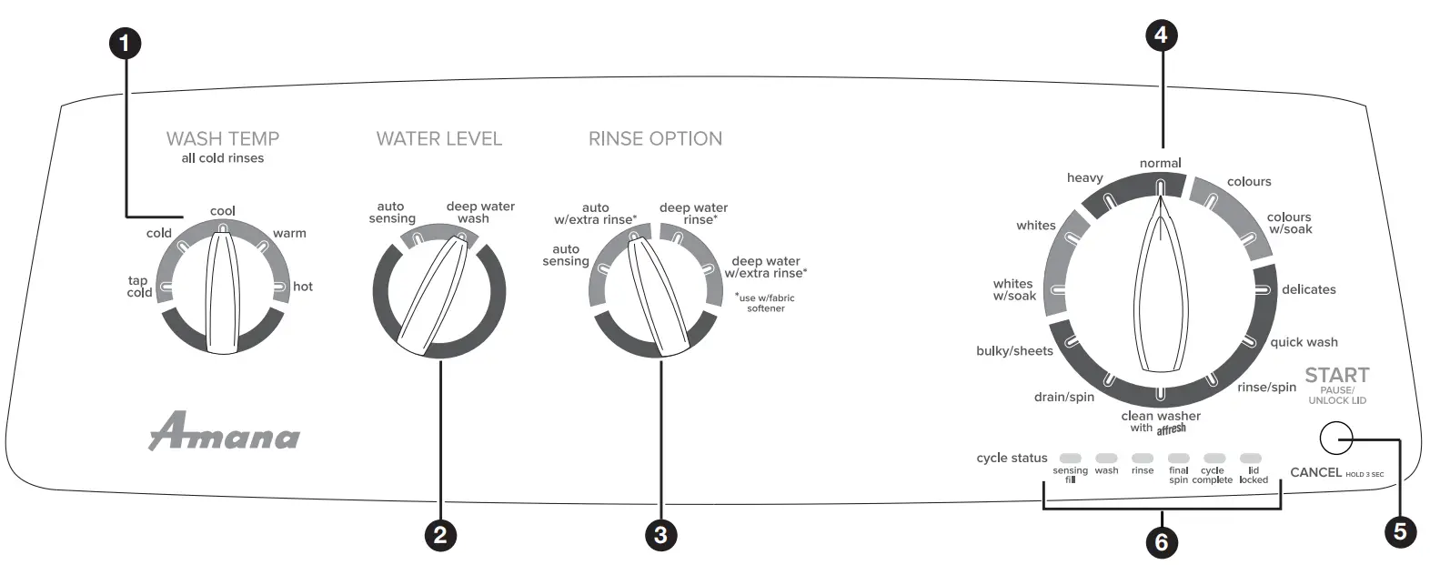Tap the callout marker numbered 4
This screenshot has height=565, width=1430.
(x=1160, y=35)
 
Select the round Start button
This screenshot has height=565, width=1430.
(x=1334, y=439)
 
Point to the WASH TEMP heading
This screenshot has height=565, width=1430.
(x=223, y=138)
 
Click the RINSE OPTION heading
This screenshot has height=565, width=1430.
(x=655, y=138)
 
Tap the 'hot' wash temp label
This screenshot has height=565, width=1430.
(x=303, y=287)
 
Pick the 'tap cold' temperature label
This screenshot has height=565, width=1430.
(x=139, y=287)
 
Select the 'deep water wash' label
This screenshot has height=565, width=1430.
(x=480, y=212)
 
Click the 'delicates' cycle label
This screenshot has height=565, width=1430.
(x=1308, y=289)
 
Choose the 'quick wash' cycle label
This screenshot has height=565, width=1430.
(x=1304, y=342)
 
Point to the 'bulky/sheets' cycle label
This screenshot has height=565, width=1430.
(x=1014, y=351)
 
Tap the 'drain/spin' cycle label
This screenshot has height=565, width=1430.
(x=1063, y=397)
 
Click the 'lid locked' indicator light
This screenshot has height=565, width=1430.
(x=1251, y=459)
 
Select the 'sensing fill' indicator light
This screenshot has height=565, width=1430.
(x=1071, y=459)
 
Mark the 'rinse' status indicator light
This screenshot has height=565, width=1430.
(x=1143, y=459)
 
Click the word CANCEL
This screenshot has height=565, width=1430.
(x=1315, y=472)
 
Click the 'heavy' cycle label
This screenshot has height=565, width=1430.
(x=1084, y=177)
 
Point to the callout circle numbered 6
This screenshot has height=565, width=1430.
(x=1160, y=542)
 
